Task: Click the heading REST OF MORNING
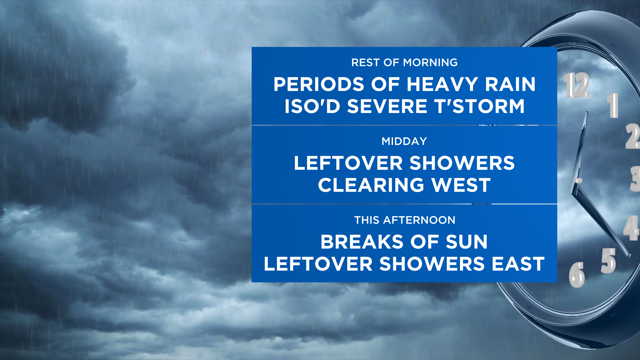tap(404, 63)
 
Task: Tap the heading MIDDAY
tap(404, 141)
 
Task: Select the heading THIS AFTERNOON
tap(405, 220)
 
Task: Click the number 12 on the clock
tap(577, 85)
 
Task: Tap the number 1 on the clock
tap(613, 105)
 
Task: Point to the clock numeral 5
tap(608, 261)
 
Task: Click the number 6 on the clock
tap(577, 275)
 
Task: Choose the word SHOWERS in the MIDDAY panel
tap(462, 163)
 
